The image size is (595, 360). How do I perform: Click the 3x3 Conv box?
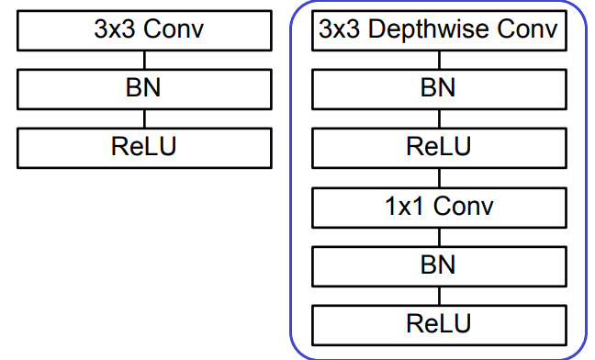point(144,31)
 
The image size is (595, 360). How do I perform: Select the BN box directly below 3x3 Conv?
point(144,89)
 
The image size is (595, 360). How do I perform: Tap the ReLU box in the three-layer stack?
point(144,147)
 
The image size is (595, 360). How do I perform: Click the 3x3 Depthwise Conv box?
point(438,31)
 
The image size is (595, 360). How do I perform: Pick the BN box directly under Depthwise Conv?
point(438,89)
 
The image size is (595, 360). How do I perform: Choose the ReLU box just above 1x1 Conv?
point(438,147)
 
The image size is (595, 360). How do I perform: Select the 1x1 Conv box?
point(438,206)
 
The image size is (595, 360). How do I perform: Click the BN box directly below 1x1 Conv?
point(438,264)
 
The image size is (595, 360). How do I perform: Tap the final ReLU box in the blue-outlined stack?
point(438,323)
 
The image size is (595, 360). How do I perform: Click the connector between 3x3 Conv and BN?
point(144,60)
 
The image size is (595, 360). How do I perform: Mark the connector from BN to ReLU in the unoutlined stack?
point(144,118)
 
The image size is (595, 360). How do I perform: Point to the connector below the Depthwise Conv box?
point(438,60)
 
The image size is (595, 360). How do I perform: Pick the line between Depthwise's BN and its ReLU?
point(438,118)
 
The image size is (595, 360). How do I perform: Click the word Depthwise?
point(435,31)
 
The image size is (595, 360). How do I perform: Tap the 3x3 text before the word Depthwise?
point(340,31)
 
